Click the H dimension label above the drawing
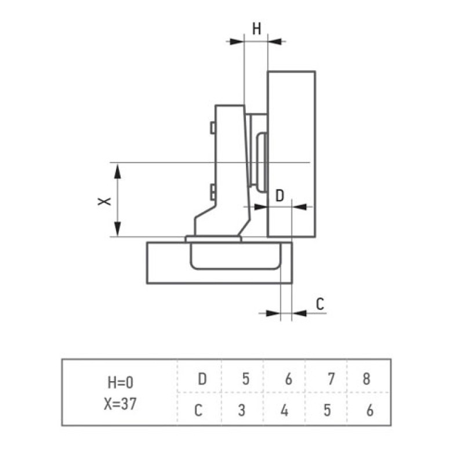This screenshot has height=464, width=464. [x=256, y=29]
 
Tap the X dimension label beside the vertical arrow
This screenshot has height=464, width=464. [x=104, y=201]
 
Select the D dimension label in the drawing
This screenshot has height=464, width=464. [x=280, y=195]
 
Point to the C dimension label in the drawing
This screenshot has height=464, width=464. [x=320, y=304]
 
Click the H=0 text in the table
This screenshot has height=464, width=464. [x=121, y=383]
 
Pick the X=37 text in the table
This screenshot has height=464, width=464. [x=120, y=404]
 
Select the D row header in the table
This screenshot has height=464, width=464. [x=202, y=379]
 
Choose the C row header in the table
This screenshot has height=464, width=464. [x=198, y=411]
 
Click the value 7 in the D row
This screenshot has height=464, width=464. [x=331, y=379]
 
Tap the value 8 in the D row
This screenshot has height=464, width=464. [x=367, y=379]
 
